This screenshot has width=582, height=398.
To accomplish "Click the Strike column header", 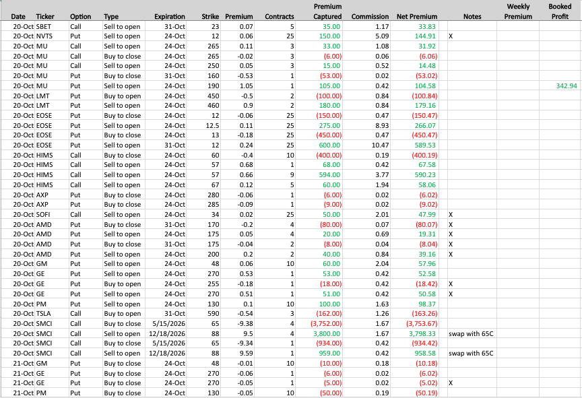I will [x=210, y=16].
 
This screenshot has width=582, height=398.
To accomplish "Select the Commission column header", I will [x=370, y=16].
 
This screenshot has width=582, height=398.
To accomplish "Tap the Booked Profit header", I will [x=560, y=11].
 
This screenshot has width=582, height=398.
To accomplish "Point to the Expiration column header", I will [x=170, y=16].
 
